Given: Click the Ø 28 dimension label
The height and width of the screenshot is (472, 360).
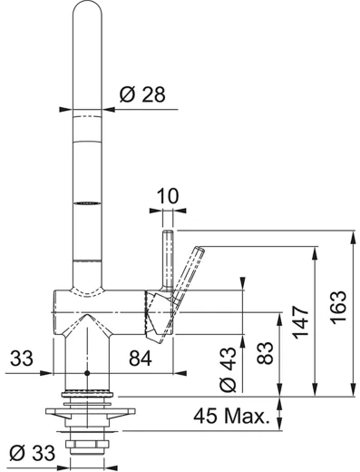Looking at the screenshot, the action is click(x=142, y=94).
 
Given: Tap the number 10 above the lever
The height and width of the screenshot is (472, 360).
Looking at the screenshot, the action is click(x=168, y=196).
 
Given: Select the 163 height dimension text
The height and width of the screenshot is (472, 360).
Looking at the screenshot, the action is click(x=338, y=308).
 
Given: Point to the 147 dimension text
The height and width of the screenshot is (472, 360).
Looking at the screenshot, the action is click(x=300, y=322).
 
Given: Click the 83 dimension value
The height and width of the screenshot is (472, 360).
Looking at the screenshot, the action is click(x=265, y=353).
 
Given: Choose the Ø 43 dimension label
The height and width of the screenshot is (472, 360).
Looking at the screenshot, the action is click(x=229, y=369).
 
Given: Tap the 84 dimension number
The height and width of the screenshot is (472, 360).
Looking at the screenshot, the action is click(x=141, y=359).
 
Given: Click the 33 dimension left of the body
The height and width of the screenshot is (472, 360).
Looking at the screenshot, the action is click(x=22, y=359).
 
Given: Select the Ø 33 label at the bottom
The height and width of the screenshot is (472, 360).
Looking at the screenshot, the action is click(x=33, y=453).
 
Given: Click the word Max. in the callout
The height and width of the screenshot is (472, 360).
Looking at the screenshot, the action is click(x=247, y=416).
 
